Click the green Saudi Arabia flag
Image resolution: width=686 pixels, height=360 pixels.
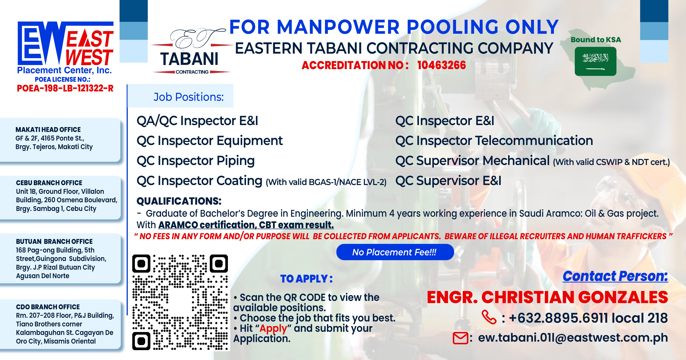(595, 61)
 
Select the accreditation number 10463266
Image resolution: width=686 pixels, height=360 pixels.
(442, 65)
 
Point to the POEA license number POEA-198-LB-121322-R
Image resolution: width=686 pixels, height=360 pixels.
(65, 88)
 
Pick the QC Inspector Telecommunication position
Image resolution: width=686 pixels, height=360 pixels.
(494, 141)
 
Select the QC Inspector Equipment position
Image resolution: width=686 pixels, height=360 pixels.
(210, 141)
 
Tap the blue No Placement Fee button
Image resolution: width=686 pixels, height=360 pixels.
(395, 252)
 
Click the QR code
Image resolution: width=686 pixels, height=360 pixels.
(180, 302)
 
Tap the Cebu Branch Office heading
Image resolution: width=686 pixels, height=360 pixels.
(49, 183)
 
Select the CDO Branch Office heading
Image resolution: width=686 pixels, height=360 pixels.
(48, 307)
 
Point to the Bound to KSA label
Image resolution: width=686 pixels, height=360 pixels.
(596, 40)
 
